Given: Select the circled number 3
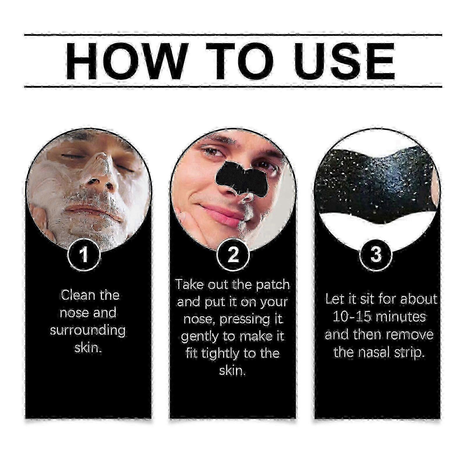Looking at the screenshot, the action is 376,254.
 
